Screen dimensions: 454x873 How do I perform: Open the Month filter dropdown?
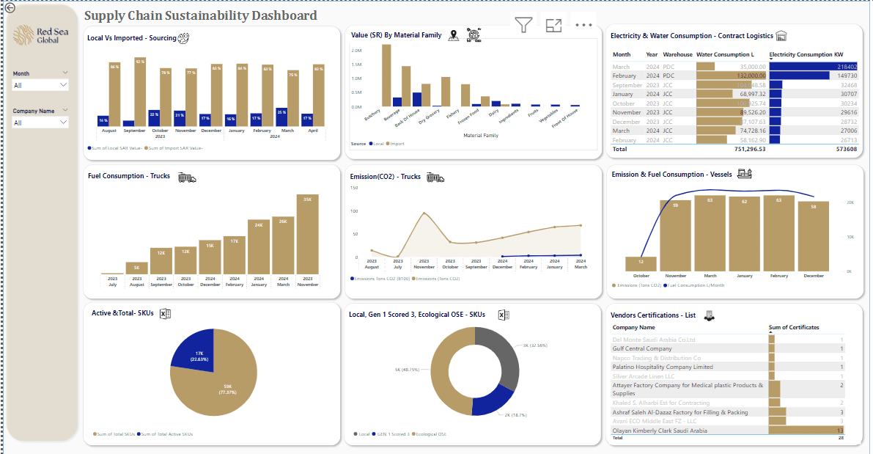tap(41, 85)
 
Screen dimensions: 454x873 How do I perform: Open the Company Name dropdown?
tap(41, 122)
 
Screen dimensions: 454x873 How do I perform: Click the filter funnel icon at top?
tap(523, 26)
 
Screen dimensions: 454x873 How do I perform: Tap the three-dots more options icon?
tap(583, 26)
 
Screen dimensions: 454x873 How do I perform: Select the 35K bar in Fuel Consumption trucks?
tap(308, 234)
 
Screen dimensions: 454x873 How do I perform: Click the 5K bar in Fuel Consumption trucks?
tap(136, 268)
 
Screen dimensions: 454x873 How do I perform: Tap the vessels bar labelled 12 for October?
tap(641, 264)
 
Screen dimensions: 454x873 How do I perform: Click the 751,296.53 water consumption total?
tap(740, 149)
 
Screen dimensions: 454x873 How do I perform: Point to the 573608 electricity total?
tap(845, 149)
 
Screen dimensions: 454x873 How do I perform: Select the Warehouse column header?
tap(677, 54)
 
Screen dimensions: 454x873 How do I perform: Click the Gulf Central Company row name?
tap(642, 349)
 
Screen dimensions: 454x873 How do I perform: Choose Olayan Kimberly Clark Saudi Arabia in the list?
tap(660, 431)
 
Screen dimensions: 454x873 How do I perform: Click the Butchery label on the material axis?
tap(372, 115)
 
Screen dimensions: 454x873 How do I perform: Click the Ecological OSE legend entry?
tap(432, 434)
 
